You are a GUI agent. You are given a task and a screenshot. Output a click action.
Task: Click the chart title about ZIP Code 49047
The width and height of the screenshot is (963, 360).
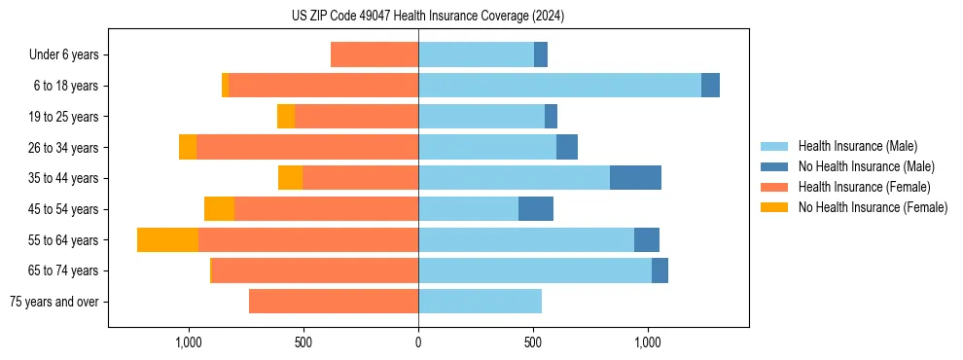coord(427,16)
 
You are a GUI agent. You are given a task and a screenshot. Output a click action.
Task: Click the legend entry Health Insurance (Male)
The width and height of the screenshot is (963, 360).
coord(857,146)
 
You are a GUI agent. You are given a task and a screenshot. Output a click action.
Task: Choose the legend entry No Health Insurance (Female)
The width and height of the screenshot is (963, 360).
coord(873,207)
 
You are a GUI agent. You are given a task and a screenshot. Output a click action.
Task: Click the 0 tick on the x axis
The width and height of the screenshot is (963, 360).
coord(418,342)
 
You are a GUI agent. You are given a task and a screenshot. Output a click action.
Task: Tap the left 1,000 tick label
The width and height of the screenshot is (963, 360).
coord(188,342)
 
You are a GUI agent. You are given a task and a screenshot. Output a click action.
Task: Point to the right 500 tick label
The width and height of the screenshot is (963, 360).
coord(532,342)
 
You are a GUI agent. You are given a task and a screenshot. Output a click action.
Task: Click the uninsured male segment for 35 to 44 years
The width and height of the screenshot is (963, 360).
coord(635,178)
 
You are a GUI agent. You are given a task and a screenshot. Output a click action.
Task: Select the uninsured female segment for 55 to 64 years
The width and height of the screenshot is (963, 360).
coord(167,239)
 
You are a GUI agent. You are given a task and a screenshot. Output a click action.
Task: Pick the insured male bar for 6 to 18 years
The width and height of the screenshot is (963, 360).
coord(559,86)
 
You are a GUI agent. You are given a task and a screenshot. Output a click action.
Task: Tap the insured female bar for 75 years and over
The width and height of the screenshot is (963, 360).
coord(334,302)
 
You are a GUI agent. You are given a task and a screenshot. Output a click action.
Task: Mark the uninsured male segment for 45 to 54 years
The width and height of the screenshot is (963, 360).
coord(536,209)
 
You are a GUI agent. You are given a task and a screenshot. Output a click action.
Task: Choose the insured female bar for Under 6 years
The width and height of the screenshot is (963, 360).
coord(374,55)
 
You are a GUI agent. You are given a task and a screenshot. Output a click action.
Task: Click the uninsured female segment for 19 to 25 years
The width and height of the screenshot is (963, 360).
coord(286,117)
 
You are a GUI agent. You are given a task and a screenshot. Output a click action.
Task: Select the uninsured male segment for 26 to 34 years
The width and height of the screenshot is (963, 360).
coord(567,147)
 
